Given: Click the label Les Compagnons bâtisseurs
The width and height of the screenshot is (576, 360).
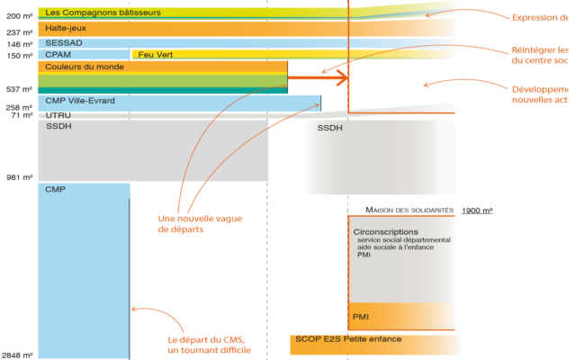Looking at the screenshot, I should pos(91,12).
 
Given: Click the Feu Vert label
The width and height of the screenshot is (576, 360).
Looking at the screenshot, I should pos(154,55).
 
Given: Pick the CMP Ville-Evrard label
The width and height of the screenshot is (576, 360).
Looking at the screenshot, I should pos(80,101).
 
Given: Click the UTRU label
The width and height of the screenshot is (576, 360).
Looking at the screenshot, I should pos(58,116).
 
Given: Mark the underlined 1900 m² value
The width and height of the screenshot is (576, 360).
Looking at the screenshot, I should pos(477,210).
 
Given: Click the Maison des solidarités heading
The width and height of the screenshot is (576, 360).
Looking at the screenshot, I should pos(409,210).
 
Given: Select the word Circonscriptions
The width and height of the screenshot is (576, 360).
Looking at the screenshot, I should pos(387,231).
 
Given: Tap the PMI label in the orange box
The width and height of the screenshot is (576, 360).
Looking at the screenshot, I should pos(361,316).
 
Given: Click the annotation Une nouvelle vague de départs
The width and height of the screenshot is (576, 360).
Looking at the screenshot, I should pos(200,223).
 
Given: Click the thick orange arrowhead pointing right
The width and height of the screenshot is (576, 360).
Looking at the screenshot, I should pos(341,78).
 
